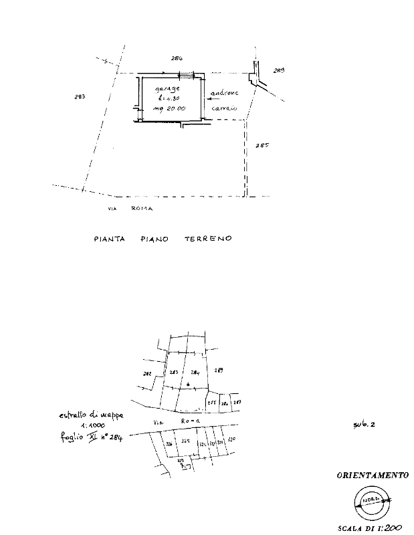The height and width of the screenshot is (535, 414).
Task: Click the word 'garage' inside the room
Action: pyautogui.click(x=167, y=88)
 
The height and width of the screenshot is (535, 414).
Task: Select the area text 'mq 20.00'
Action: pyautogui.click(x=168, y=108)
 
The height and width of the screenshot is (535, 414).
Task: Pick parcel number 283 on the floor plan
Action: pyautogui.click(x=80, y=98)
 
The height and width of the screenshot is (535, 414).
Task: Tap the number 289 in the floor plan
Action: pyautogui.click(x=279, y=70)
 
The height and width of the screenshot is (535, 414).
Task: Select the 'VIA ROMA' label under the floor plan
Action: pyautogui.click(x=130, y=209)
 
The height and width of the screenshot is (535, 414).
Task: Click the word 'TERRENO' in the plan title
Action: pyautogui.click(x=207, y=238)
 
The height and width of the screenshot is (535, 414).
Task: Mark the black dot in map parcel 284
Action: pyautogui.click(x=189, y=384)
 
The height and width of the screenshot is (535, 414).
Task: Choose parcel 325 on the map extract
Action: pyautogui.click(x=185, y=441)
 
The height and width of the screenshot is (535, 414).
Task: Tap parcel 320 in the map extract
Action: pyautogui.click(x=231, y=439)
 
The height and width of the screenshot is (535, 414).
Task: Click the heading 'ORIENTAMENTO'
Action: pyautogui.click(x=373, y=475)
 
